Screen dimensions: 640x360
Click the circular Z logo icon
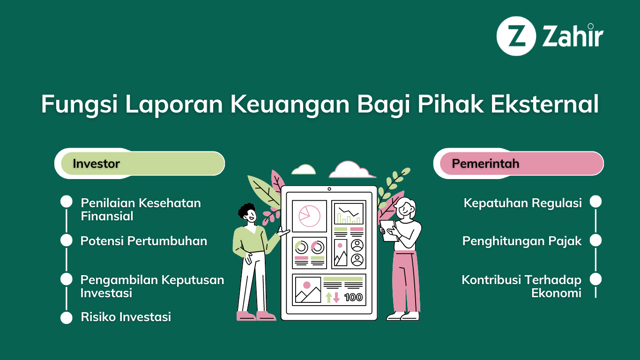pyautogui.click(x=516, y=36)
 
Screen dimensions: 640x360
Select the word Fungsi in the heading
pyautogui.click(x=79, y=105)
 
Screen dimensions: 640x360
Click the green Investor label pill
pyautogui.click(x=143, y=163)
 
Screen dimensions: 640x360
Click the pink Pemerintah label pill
pyautogui.click(x=522, y=163)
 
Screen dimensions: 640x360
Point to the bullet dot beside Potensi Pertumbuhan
pyautogui.click(x=66, y=240)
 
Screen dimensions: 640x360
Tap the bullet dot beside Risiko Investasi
pyautogui.click(x=66, y=318)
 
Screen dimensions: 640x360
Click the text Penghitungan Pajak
pyautogui.click(x=522, y=241)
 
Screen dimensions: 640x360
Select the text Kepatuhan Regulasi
pyautogui.click(x=522, y=203)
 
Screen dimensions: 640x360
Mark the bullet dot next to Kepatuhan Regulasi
pyautogui.click(x=595, y=202)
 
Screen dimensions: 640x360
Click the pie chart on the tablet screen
pyautogui.click(x=309, y=216)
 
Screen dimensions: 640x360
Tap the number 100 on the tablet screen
pyautogui.click(x=353, y=297)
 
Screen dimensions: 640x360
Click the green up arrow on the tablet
pyautogui.click(x=328, y=297)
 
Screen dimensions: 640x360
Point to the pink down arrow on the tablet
pyautogui.click(x=336, y=297)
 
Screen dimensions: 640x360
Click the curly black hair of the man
pyautogui.click(x=246, y=210)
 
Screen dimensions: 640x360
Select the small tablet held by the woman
pyautogui.click(x=388, y=231)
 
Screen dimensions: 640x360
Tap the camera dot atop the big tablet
pyautogui.click(x=329, y=189)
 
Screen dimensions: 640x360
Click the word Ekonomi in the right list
pyautogui.click(x=556, y=293)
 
